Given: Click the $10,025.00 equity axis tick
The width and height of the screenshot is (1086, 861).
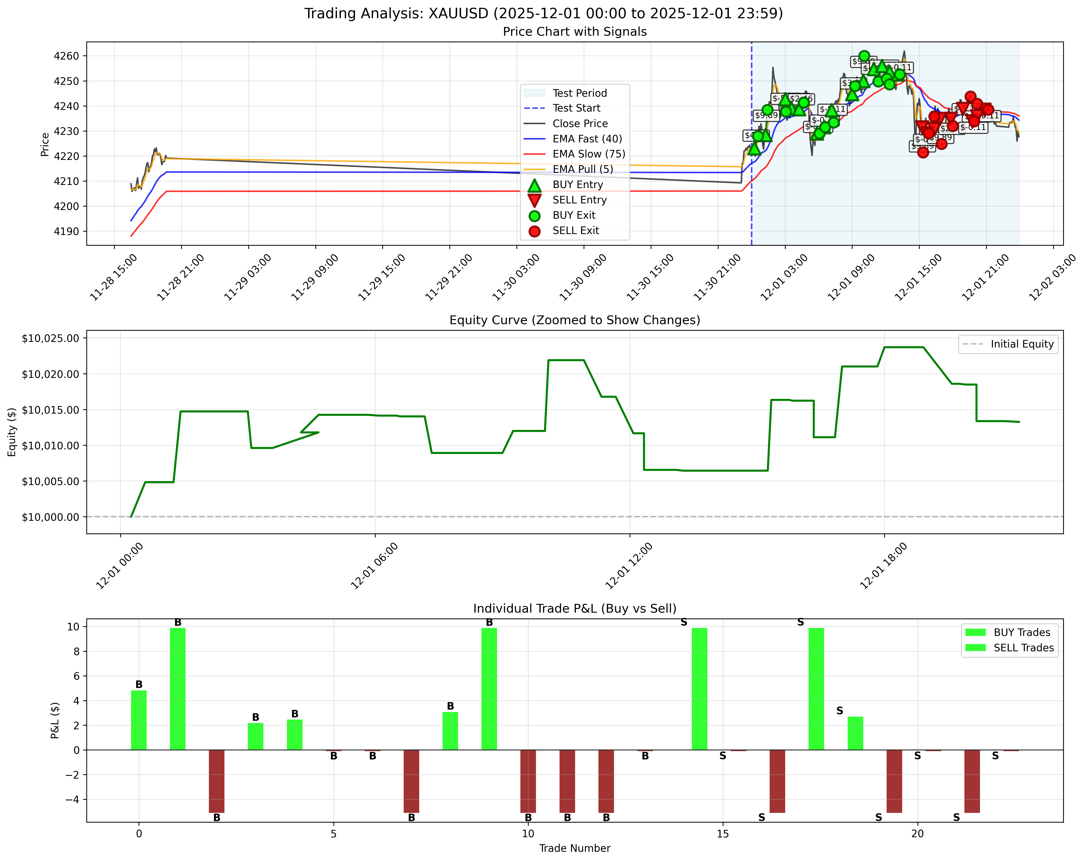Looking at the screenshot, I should (x=50, y=338).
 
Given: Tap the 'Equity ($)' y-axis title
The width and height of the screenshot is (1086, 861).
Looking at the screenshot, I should (x=12, y=432).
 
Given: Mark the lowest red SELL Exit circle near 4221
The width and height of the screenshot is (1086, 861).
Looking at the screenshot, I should (x=923, y=153).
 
